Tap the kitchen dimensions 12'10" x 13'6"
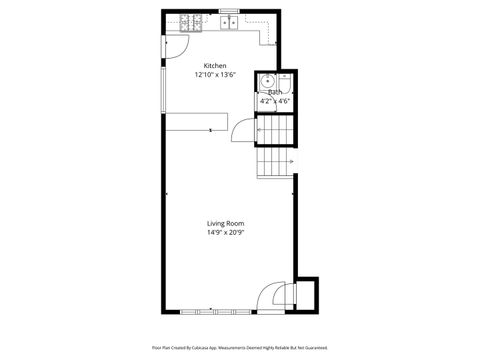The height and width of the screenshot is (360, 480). click(x=215, y=75)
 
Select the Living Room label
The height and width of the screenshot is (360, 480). click(x=225, y=223)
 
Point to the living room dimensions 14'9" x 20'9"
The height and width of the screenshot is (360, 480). click(x=225, y=232)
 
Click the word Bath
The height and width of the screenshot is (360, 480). click(x=274, y=92)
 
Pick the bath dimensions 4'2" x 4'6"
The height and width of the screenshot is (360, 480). click(x=274, y=101)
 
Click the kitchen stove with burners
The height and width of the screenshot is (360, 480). click(x=192, y=21)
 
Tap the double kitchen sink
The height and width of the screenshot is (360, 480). click(x=230, y=20)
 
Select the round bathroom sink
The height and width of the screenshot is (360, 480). click(x=267, y=82)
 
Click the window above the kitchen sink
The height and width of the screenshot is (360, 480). click(x=229, y=11)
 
